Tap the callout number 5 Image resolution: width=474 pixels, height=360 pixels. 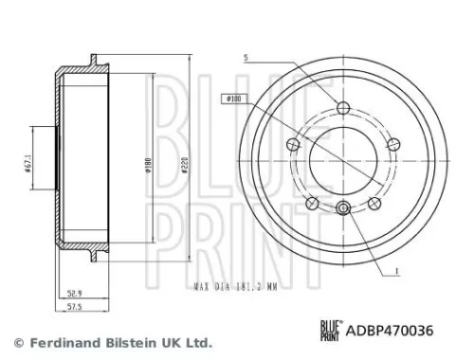coord(245,59)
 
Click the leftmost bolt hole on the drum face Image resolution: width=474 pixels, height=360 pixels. coord(292,143)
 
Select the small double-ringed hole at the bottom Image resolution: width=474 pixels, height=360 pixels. coord(344,210)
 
